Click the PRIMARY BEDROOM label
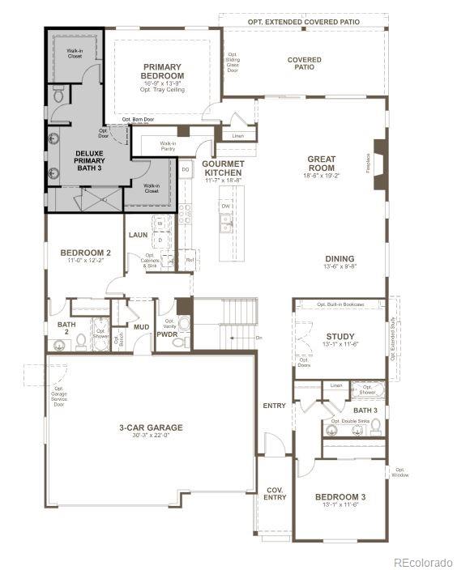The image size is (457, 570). pyautogui.click(x=163, y=71)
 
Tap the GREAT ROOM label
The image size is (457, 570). pyautogui.click(x=322, y=164)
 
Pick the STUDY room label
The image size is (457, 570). pyautogui.click(x=340, y=337)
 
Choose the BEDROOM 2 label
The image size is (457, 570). pyautogui.click(x=85, y=253)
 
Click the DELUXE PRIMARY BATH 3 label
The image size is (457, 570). pyautogui.click(x=89, y=160)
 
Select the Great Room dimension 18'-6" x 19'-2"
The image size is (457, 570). pyautogui.click(x=322, y=175)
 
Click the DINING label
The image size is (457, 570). pyautogui.click(x=340, y=259)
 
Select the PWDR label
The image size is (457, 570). pyautogui.click(x=167, y=334)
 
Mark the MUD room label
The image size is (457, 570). pyautogui.click(x=141, y=328)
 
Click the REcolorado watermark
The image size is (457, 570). pyautogui.click(x=423, y=562)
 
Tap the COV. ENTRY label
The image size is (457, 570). pyautogui.click(x=275, y=493)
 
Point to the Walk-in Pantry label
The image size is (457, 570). pyautogui.click(x=168, y=146)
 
